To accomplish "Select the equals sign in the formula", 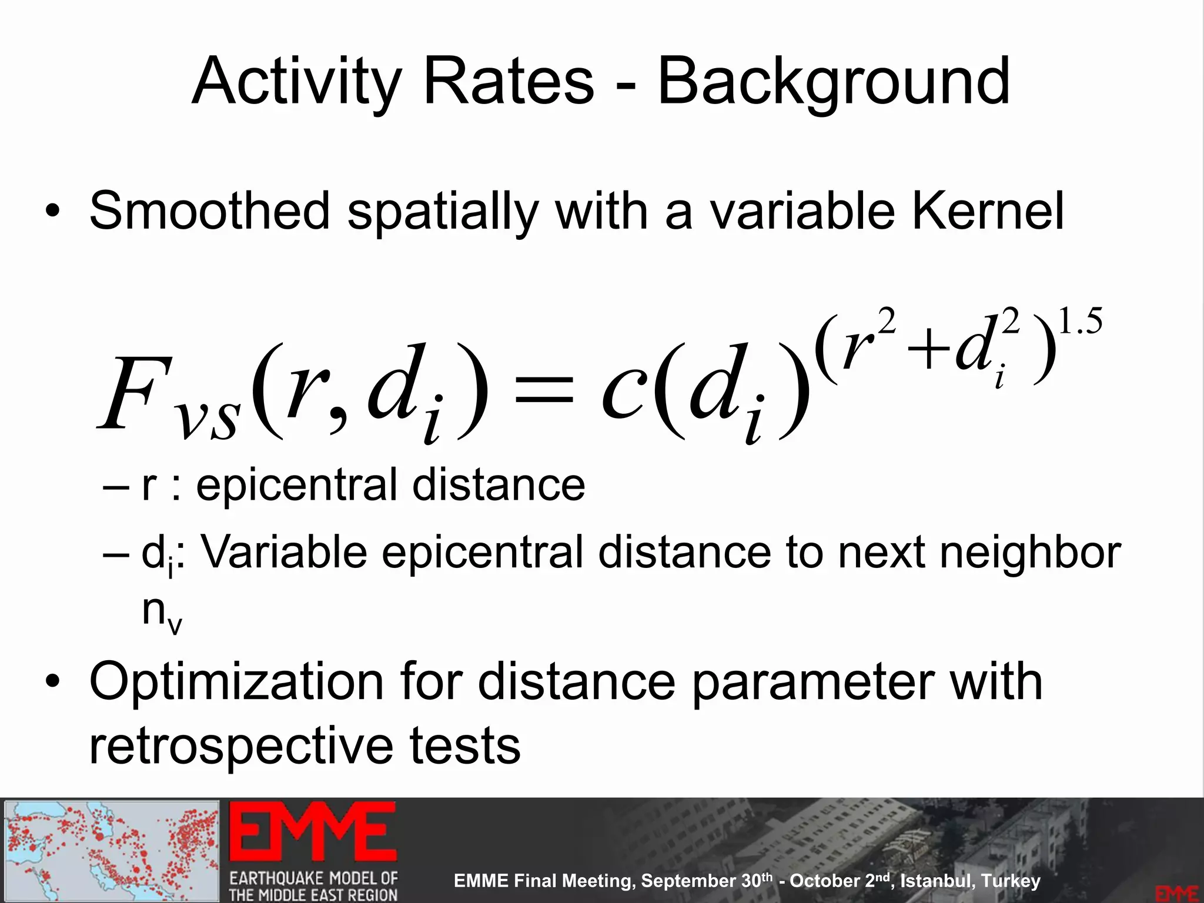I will tap(543, 390).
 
